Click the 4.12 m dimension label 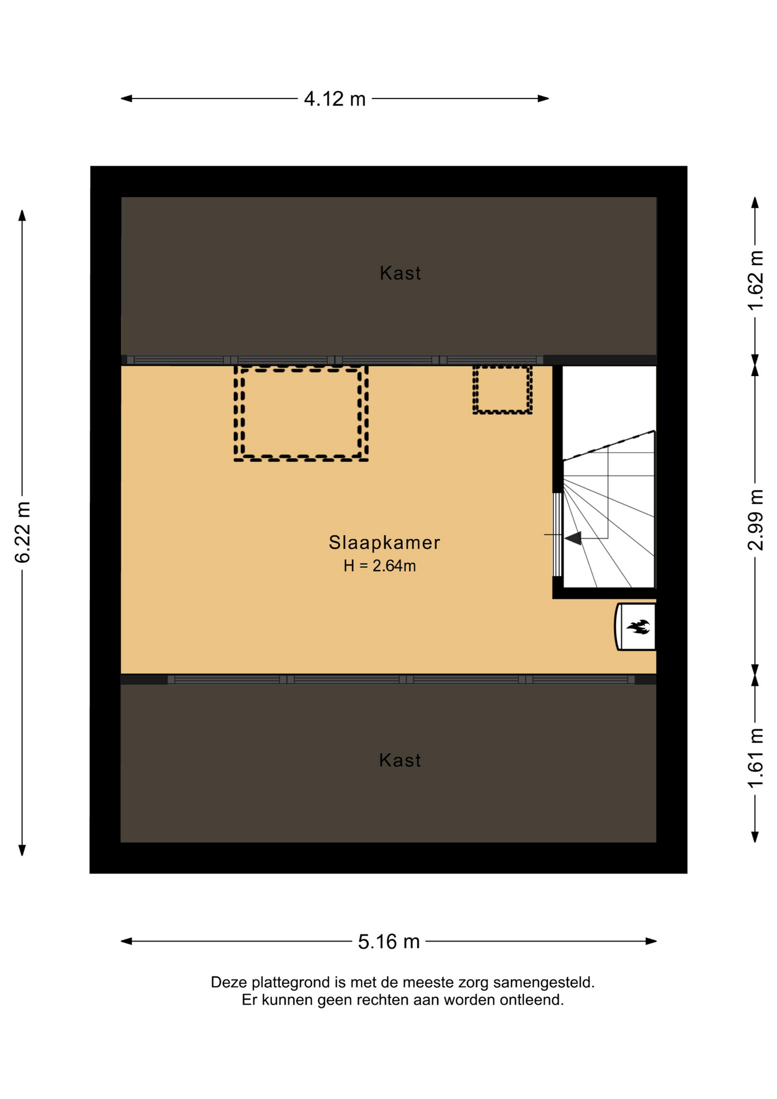coord(335,99)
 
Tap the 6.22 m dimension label coord(22,532)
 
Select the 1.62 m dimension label coord(755,280)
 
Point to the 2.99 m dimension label coord(755,520)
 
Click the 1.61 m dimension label coord(755,758)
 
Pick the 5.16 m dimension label coord(389,942)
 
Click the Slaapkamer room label coord(384,543)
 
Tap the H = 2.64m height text coord(379,566)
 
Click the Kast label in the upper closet coord(401,273)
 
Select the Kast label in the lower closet coord(400,760)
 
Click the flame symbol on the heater coord(638,627)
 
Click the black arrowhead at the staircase coord(573,538)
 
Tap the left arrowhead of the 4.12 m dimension coord(126,98)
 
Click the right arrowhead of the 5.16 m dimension coord(651,941)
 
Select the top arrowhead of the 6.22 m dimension coord(22,215)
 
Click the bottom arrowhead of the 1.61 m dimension coord(755,837)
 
